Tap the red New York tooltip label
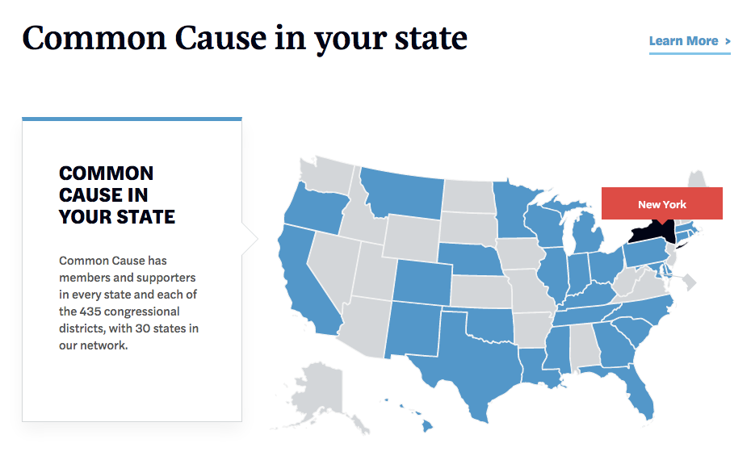tap(661, 204)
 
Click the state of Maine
tap(696, 184)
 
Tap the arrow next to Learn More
tap(728, 41)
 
